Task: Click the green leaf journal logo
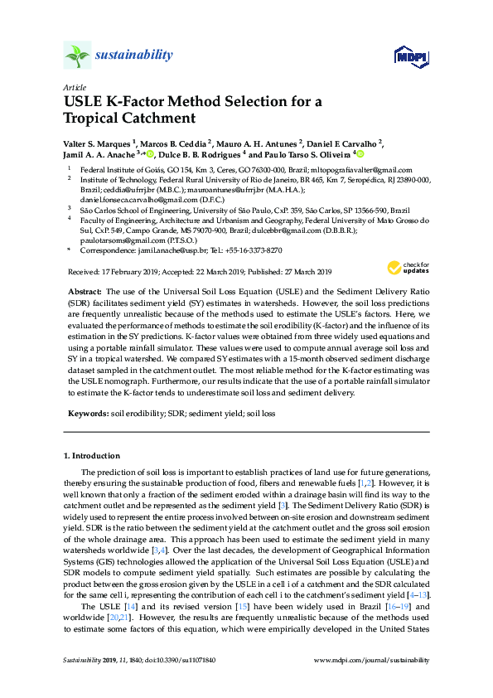point(77,56)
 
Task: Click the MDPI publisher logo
point(409,56)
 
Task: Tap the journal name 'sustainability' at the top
point(134,56)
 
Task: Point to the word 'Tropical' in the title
point(95,119)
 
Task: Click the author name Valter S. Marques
point(95,143)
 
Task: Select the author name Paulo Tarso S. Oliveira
point(309,154)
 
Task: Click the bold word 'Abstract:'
point(85,293)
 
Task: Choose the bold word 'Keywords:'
point(87,412)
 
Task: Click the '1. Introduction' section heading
point(92,456)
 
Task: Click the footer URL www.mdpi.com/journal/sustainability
point(373,684)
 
